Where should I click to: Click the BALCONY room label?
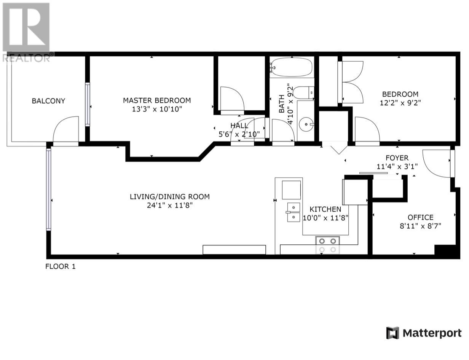(48, 101)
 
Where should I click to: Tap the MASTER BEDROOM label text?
(156, 100)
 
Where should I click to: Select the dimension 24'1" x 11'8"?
(169, 205)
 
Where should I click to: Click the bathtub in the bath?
(291, 67)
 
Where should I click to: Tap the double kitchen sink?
(293, 212)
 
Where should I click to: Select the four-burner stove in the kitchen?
(328, 245)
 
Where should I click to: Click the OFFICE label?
(420, 217)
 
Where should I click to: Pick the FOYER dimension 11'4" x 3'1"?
(397, 166)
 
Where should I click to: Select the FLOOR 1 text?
(61, 266)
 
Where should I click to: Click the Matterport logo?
(424, 333)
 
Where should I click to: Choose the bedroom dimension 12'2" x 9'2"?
(400, 103)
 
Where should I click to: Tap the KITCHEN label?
(325, 209)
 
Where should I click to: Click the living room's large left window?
(49, 189)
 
